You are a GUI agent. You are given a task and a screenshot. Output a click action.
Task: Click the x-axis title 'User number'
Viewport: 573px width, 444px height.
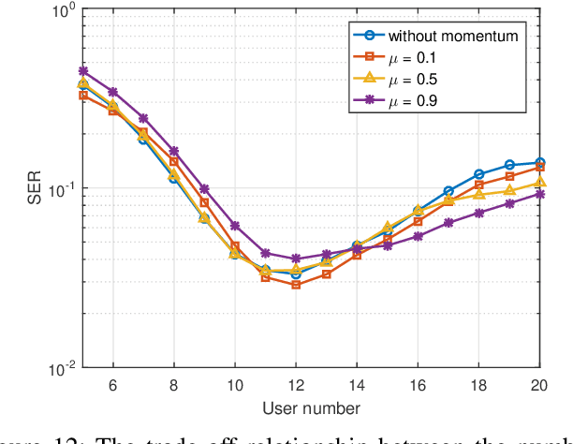[x=311, y=408]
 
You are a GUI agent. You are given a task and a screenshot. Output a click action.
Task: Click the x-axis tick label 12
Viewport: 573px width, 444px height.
[x=296, y=385]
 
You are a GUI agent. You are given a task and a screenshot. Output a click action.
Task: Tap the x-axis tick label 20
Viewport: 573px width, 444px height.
[x=539, y=385]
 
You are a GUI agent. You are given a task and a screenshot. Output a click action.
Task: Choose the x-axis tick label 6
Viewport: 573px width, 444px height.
[x=113, y=385]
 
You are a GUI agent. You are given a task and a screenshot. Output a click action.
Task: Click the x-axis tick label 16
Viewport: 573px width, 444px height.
[x=418, y=385]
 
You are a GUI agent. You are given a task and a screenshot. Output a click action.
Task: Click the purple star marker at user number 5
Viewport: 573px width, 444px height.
[x=82, y=70]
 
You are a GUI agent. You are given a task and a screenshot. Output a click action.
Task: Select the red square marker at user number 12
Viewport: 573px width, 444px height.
[x=296, y=284]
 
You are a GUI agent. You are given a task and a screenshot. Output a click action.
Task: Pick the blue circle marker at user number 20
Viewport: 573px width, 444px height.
[x=539, y=162]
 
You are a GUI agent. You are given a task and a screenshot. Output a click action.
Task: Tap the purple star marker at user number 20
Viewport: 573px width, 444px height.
[x=539, y=194]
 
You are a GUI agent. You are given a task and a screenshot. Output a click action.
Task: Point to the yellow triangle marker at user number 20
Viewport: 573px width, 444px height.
[x=539, y=183]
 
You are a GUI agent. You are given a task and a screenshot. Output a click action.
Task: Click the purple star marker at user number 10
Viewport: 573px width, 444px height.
[x=235, y=226]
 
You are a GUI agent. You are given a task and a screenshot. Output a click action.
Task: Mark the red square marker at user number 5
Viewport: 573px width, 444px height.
[x=82, y=95]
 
